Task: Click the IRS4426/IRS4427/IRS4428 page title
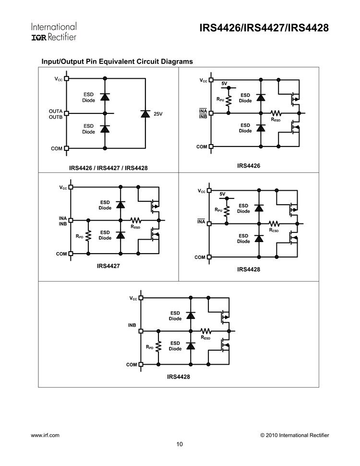point(264,28)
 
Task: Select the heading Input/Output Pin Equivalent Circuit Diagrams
point(117,61)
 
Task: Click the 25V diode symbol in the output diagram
point(145,113)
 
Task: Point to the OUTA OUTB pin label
point(56,114)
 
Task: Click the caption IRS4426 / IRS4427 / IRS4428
point(108,168)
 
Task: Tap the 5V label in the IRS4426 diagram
point(224,84)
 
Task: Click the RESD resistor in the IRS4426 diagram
point(276,113)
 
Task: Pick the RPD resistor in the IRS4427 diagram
point(88,237)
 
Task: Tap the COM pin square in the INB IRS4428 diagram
point(141,365)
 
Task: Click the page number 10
point(180,444)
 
